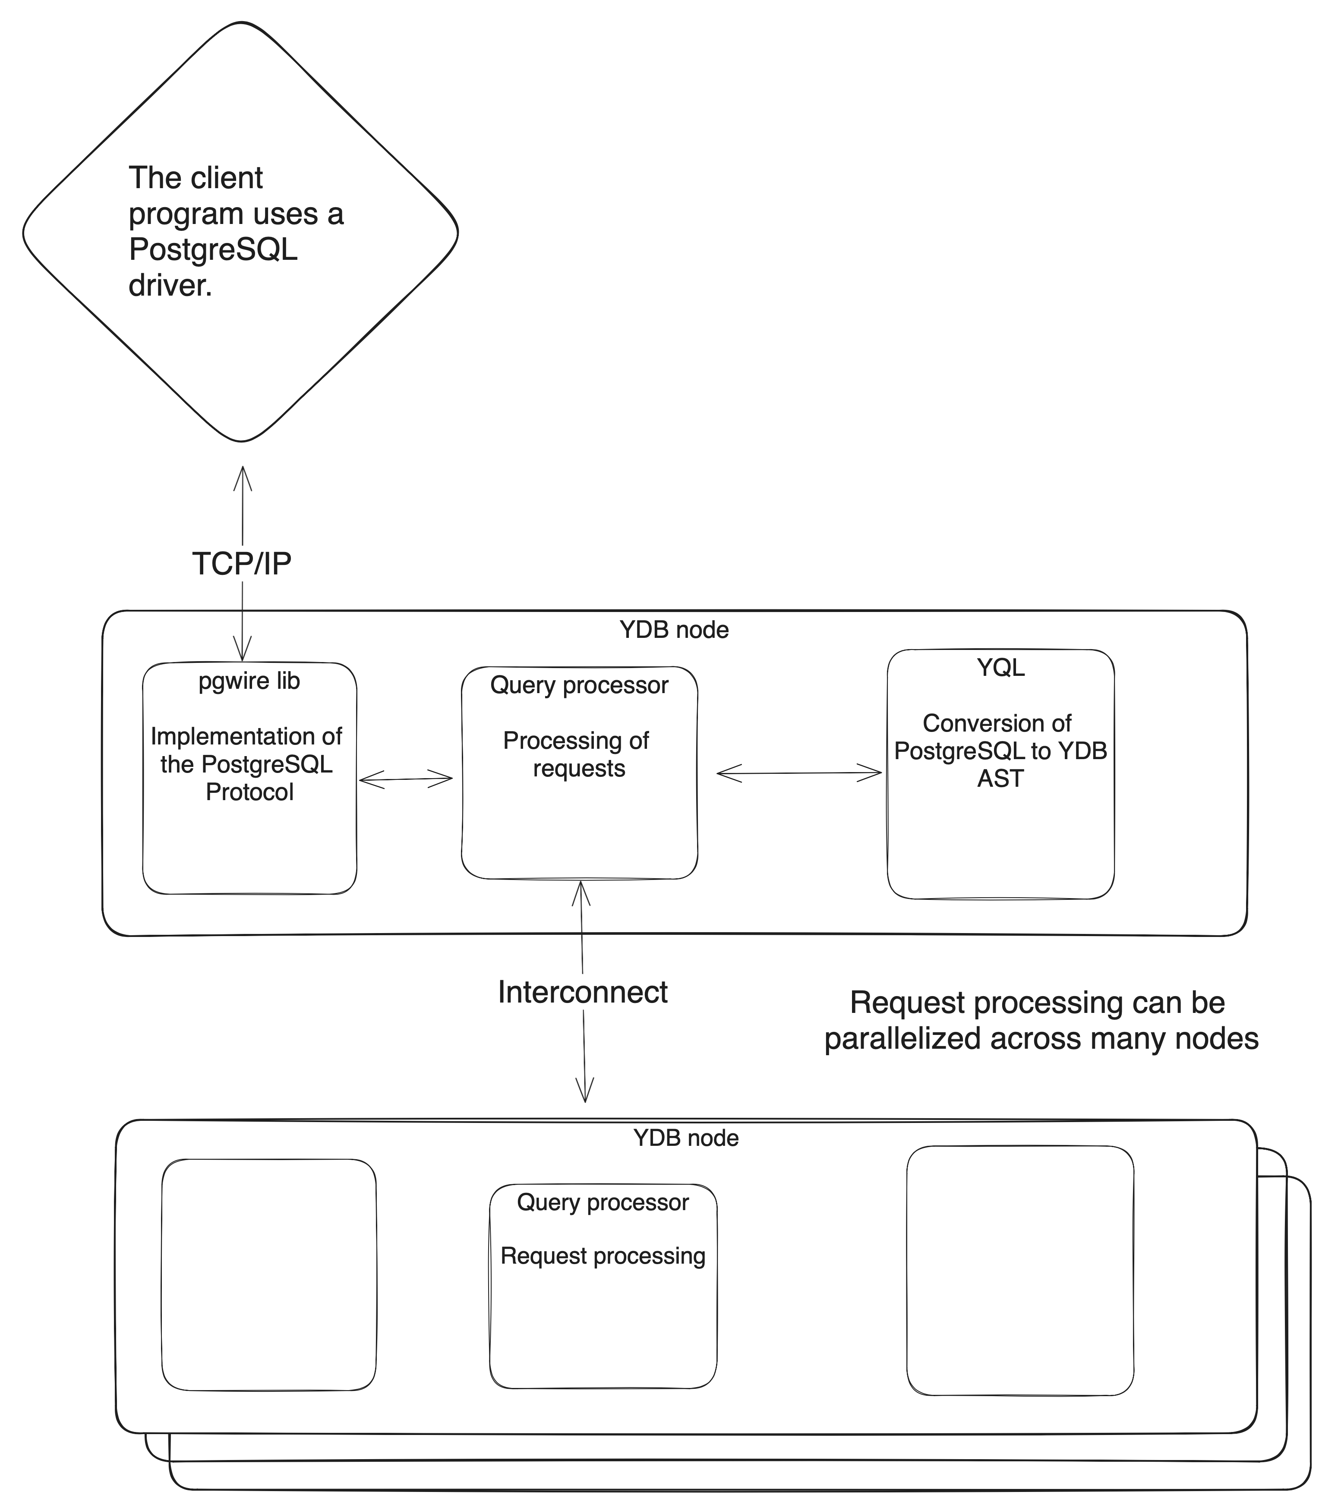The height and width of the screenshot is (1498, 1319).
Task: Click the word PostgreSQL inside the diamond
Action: coord(212,250)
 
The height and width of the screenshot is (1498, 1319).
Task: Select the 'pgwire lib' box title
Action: coord(249,681)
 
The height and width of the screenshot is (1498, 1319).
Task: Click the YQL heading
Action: coord(1001,668)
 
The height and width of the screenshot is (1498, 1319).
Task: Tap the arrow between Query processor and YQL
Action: coord(799,773)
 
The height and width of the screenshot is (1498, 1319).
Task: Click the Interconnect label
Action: coord(583,992)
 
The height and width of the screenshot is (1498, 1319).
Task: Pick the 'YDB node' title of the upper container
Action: coord(674,630)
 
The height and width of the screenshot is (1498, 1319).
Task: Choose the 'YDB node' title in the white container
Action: coord(686,1138)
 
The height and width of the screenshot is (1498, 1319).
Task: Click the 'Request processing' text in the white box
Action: coord(603,1256)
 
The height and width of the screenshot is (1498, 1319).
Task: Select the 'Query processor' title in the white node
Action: coord(603,1203)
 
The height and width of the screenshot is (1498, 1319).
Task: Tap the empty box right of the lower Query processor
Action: coord(1020,1271)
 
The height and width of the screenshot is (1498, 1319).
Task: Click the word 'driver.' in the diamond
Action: coord(170,285)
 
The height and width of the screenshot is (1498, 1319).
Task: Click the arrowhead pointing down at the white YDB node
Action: coord(585,1094)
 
